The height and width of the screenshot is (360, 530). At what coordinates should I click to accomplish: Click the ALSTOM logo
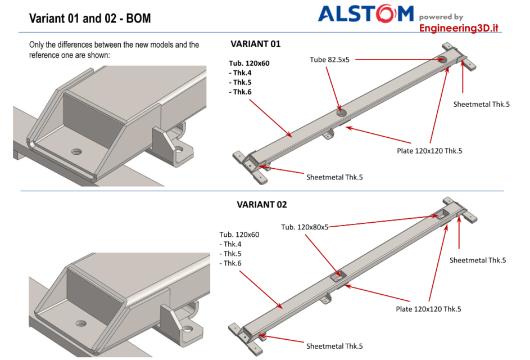[365, 13]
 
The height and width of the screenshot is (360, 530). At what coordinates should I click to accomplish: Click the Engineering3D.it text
[459, 28]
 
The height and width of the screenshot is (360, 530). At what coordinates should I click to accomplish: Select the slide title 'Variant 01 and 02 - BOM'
[90, 19]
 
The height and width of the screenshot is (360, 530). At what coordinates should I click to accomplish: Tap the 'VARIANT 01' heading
[255, 44]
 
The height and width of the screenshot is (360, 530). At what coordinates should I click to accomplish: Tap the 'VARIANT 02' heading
[261, 205]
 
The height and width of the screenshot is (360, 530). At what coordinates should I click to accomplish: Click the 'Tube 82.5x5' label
[329, 59]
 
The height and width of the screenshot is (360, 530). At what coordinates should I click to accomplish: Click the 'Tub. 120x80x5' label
[304, 227]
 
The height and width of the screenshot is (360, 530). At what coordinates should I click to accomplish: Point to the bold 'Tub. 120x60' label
[249, 64]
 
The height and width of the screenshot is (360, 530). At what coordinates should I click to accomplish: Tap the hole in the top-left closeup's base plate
[76, 152]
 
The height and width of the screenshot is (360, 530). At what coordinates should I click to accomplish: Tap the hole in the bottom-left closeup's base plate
[82, 325]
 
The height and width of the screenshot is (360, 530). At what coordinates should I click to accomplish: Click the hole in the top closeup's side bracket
[179, 150]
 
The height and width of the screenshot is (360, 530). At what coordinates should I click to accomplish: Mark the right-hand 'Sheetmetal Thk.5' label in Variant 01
[481, 104]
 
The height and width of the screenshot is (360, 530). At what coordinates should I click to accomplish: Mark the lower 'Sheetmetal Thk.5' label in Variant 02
[334, 346]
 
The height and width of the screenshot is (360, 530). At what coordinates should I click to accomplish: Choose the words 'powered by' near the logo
[441, 17]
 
